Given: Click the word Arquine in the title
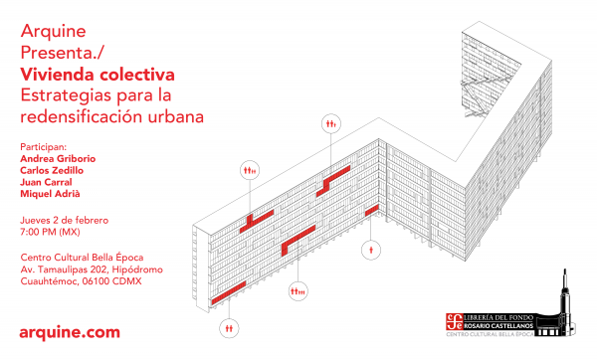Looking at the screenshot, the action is pos(54,32).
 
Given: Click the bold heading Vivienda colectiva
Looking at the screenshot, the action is pos(98,75).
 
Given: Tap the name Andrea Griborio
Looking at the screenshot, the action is pos(58,159).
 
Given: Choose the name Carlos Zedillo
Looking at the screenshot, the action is pos(52,170).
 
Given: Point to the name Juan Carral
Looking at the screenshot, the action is pos(46,182).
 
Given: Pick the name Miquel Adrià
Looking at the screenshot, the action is pos(51,194).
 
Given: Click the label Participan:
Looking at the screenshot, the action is pos(44,147).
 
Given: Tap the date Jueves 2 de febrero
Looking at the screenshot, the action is pos(65,221).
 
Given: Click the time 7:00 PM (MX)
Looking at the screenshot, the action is pos(51,232).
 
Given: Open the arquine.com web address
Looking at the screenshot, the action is pos(70,332).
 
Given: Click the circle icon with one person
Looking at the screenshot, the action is pos(371,251).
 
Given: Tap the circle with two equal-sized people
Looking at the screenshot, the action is pos(229,328).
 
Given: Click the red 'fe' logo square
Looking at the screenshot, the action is pos(454,321).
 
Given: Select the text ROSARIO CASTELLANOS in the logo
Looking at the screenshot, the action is pos(498,326).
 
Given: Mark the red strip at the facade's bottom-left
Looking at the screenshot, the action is pos(229,293).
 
